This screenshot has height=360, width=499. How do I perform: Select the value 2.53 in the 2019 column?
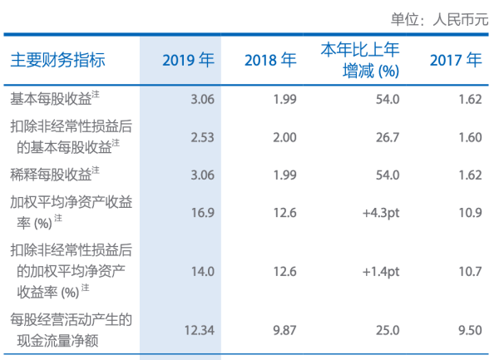click(x=202, y=136)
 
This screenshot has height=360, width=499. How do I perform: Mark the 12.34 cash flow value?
click(x=199, y=330)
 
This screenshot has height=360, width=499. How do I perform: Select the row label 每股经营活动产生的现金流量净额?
click(x=71, y=330)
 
